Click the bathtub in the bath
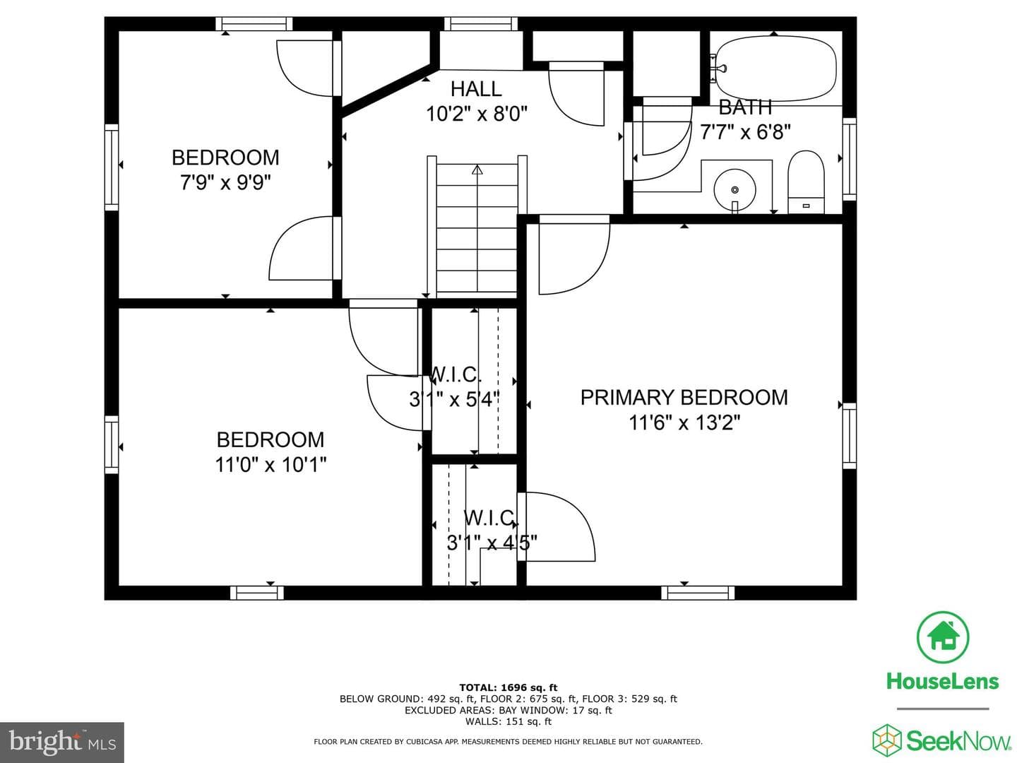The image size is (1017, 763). pyautogui.click(x=776, y=68)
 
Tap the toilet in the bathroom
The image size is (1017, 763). pyautogui.click(x=807, y=182)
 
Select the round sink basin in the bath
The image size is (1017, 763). pyautogui.click(x=734, y=190)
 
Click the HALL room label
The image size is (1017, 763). pyautogui.click(x=476, y=88)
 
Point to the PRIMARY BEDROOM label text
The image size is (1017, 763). pyautogui.click(x=684, y=398)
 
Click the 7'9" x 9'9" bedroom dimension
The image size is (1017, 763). pyautogui.click(x=225, y=182)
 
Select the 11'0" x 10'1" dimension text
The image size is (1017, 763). pyautogui.click(x=270, y=464)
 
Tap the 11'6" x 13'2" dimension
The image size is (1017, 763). pyautogui.click(x=684, y=422)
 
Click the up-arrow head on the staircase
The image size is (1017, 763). pyautogui.click(x=477, y=170)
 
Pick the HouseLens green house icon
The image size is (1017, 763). pyautogui.click(x=943, y=637)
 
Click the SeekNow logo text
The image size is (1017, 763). pyautogui.click(x=958, y=740)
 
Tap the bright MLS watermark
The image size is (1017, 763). pyautogui.click(x=61, y=742)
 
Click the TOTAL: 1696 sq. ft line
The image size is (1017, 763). pyautogui.click(x=509, y=687)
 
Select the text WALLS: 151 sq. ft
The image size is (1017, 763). pyautogui.click(x=509, y=721)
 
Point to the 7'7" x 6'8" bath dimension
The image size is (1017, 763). pyautogui.click(x=745, y=132)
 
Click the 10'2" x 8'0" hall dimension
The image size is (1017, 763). pyautogui.click(x=477, y=114)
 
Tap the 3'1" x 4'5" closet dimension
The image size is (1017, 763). pyautogui.click(x=492, y=542)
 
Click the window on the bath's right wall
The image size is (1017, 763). pyautogui.click(x=850, y=159)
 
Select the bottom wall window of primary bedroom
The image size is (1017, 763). pyautogui.click(x=697, y=593)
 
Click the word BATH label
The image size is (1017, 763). pyautogui.click(x=745, y=107)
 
